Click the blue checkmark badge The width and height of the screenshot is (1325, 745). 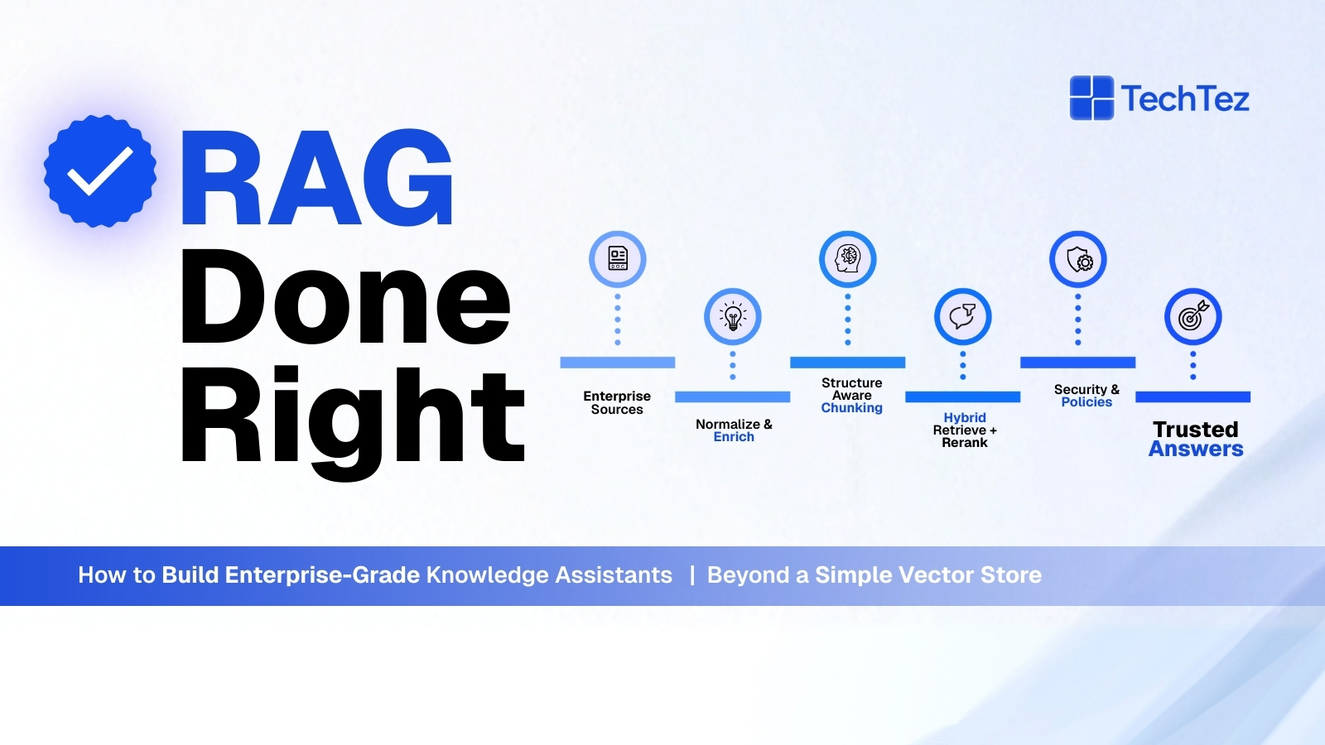(x=100, y=171)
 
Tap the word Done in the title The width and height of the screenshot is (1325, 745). (x=344, y=297)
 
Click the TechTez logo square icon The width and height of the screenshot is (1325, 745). (x=1091, y=98)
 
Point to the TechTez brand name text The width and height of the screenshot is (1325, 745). (x=1185, y=99)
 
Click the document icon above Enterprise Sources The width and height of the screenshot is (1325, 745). (x=618, y=259)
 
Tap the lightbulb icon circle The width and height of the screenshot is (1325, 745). (x=733, y=316)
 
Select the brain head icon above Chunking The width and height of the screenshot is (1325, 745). (x=848, y=259)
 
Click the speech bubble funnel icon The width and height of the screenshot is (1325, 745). (x=962, y=316)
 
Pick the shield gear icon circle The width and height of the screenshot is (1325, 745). (x=1078, y=260)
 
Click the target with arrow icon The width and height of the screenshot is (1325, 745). (x=1192, y=316)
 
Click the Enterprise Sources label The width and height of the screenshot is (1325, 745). (x=617, y=402)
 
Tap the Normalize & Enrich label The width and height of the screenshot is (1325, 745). (x=734, y=430)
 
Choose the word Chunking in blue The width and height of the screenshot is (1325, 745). (x=851, y=408)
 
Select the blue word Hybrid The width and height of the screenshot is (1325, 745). (x=965, y=417)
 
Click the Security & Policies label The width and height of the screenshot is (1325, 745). (x=1086, y=396)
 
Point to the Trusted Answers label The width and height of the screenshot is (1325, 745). (x=1196, y=440)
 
